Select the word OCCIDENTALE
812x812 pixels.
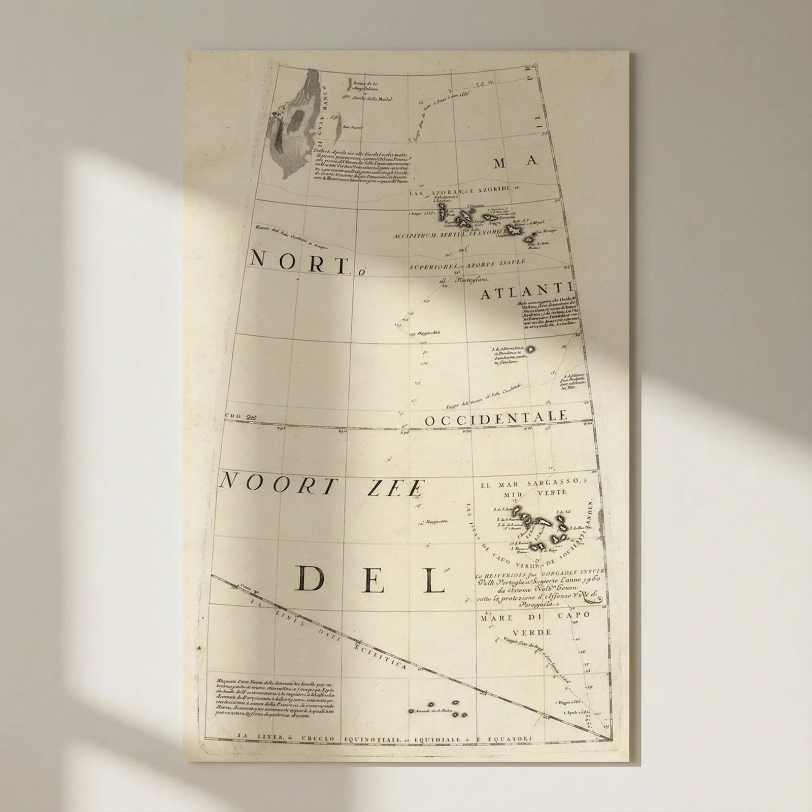[x=495, y=418]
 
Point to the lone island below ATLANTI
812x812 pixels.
[x=531, y=349]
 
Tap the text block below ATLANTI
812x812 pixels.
[x=551, y=315]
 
